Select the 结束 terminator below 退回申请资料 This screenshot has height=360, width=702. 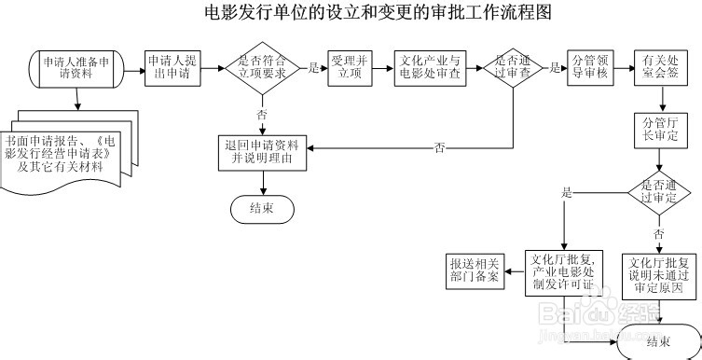pyautogui.click(x=262, y=209)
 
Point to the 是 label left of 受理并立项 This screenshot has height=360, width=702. pyautogui.click(x=314, y=68)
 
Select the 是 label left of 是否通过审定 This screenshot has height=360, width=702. pyautogui.click(x=566, y=192)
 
